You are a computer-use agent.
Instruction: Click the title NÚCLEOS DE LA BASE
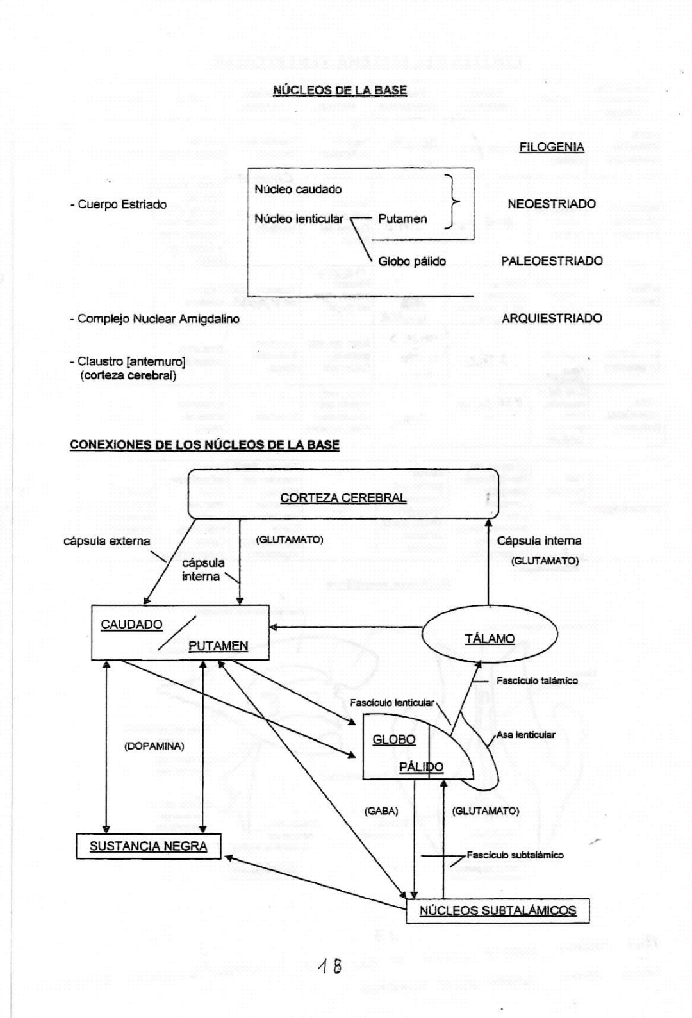click(x=340, y=90)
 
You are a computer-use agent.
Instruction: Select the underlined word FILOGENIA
click(x=552, y=147)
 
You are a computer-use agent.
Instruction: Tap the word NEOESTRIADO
click(x=551, y=204)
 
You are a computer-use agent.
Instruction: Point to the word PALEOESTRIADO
click(x=552, y=261)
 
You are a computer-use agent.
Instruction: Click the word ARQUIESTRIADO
click(x=552, y=318)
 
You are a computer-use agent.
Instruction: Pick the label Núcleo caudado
click(x=298, y=190)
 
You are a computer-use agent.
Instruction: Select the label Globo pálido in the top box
click(x=412, y=261)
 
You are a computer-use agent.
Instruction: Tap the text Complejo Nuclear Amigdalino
click(x=158, y=318)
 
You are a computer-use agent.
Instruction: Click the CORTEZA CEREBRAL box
click(x=343, y=498)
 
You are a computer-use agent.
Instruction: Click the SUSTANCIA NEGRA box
click(x=148, y=846)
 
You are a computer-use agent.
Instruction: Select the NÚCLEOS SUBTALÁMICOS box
click(x=497, y=910)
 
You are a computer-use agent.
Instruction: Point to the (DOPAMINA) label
click(x=154, y=746)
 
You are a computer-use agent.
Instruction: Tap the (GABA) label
click(x=381, y=811)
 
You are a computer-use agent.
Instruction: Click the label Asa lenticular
click(x=525, y=735)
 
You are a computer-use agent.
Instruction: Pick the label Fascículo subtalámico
click(x=515, y=855)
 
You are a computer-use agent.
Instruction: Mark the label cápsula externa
click(x=106, y=541)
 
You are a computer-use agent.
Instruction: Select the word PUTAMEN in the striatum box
click(x=218, y=646)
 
